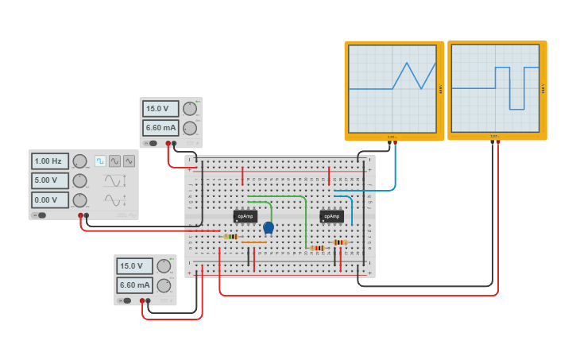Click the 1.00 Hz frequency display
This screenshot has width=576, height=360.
[50, 161]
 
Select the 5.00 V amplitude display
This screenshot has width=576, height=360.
[50, 180]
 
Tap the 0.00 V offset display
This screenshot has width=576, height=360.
[50, 199]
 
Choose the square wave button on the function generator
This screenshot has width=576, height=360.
[100, 161]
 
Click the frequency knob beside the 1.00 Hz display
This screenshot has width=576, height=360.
[79, 161]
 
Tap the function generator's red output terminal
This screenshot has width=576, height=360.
[80, 215]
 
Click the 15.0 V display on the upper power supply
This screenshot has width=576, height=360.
[160, 109]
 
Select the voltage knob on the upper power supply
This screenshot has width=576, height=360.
[189, 109]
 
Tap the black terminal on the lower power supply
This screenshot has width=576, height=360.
[149, 301]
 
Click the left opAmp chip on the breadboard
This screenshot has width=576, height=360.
[245, 216]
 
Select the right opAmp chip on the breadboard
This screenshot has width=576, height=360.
[331, 216]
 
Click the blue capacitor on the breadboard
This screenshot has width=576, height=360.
[269, 227]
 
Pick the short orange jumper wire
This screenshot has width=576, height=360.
[254, 242]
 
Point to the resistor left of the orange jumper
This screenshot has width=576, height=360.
[230, 236]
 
